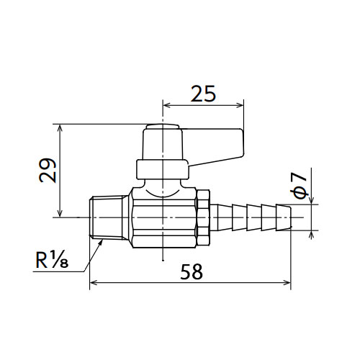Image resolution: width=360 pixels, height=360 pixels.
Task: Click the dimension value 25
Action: pyautogui.click(x=203, y=94)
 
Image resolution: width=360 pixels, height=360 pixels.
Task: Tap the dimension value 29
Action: pyautogui.click(x=48, y=171)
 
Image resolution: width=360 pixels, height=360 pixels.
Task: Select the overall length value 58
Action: pyautogui.click(x=192, y=271)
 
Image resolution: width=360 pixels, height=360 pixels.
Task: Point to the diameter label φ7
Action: pyautogui.click(x=299, y=186)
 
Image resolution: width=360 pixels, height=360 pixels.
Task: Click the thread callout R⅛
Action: pyautogui.click(x=52, y=260)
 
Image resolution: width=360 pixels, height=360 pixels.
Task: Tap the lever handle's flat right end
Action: pyautogui.click(x=243, y=143)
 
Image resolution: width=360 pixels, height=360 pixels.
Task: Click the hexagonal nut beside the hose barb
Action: pyautogui.click(x=203, y=217)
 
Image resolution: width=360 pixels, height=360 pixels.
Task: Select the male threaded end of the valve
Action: pyautogui.click(x=109, y=218)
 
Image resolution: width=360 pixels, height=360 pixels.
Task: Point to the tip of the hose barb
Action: pyautogui.click(x=291, y=217)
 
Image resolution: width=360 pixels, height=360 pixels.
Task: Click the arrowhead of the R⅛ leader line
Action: pyautogui.click(x=102, y=240)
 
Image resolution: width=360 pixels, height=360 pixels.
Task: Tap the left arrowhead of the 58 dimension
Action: pyautogui.click(x=93, y=282)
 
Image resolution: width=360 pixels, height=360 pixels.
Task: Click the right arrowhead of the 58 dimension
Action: pyautogui.click(x=287, y=282)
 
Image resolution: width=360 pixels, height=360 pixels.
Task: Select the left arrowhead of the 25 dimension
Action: pyautogui.click(x=166, y=105)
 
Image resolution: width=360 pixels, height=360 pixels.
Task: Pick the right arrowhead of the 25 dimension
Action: pyautogui.click(x=240, y=105)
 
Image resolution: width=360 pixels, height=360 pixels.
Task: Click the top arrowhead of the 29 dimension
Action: pyautogui.click(x=60, y=128)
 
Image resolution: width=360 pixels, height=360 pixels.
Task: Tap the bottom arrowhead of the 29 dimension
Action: pyautogui.click(x=60, y=213)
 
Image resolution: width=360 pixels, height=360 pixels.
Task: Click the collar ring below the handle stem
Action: pyautogui.click(x=163, y=169)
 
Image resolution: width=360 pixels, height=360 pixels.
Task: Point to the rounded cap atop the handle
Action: pyautogui.click(x=163, y=127)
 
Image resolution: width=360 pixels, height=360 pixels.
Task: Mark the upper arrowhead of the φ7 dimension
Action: pyautogui.click(x=311, y=201)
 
